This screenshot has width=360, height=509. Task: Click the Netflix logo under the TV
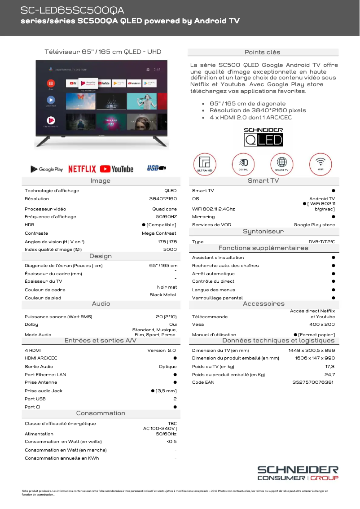[82, 169]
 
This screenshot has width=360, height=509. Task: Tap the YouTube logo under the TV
[117, 169]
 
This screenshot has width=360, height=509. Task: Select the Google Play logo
[47, 169]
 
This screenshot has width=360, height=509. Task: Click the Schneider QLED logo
[263, 137]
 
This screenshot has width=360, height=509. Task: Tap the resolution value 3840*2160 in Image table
[163, 199]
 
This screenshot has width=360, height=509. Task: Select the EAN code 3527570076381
[313, 382]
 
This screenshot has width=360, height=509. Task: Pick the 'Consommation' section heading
[101, 413]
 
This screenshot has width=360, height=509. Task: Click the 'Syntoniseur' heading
[263, 232]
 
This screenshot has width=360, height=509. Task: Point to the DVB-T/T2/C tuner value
[321, 242]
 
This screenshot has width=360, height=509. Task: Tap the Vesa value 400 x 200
[322, 324]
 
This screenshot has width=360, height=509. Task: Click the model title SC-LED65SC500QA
[72, 10]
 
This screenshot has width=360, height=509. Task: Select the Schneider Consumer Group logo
[298, 473]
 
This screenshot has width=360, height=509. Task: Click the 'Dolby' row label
[31, 324]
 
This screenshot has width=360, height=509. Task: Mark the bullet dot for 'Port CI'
[175, 407]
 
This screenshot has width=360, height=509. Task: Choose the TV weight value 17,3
[330, 367]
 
